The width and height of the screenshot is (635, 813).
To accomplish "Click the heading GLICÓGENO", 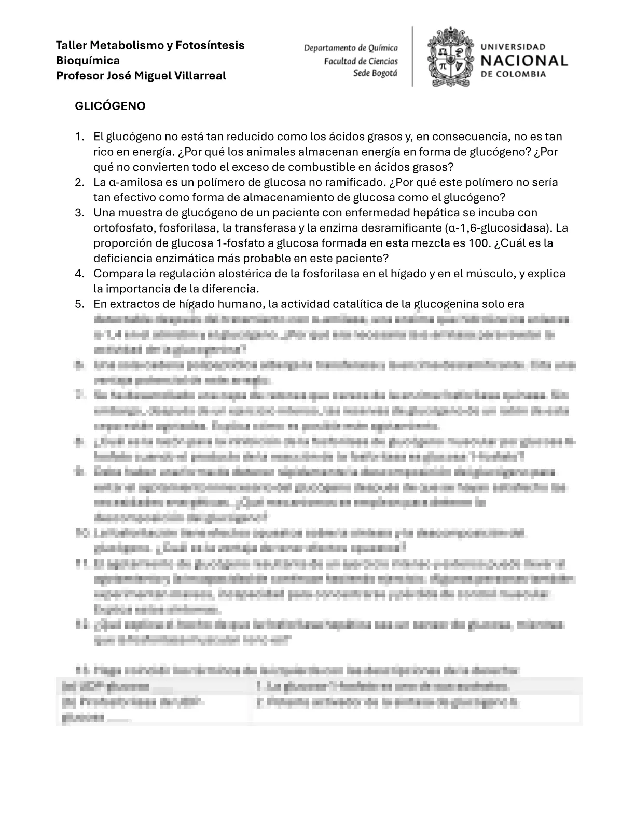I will pyautogui.click(x=110, y=106).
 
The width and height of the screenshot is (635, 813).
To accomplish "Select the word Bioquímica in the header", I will pyautogui.click(x=88, y=60).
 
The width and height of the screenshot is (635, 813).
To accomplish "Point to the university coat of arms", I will pyautogui.click(x=450, y=57).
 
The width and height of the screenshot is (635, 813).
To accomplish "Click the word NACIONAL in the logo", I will pyautogui.click(x=524, y=61).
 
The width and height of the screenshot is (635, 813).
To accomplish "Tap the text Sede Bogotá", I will pyautogui.click(x=375, y=73).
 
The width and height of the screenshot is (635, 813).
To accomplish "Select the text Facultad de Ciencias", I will pyautogui.click(x=361, y=61).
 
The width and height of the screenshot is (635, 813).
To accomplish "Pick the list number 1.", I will pyautogui.click(x=79, y=137).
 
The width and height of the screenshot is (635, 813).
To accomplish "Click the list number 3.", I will pyautogui.click(x=79, y=213).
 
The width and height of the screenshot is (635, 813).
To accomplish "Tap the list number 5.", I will pyautogui.click(x=79, y=304).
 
